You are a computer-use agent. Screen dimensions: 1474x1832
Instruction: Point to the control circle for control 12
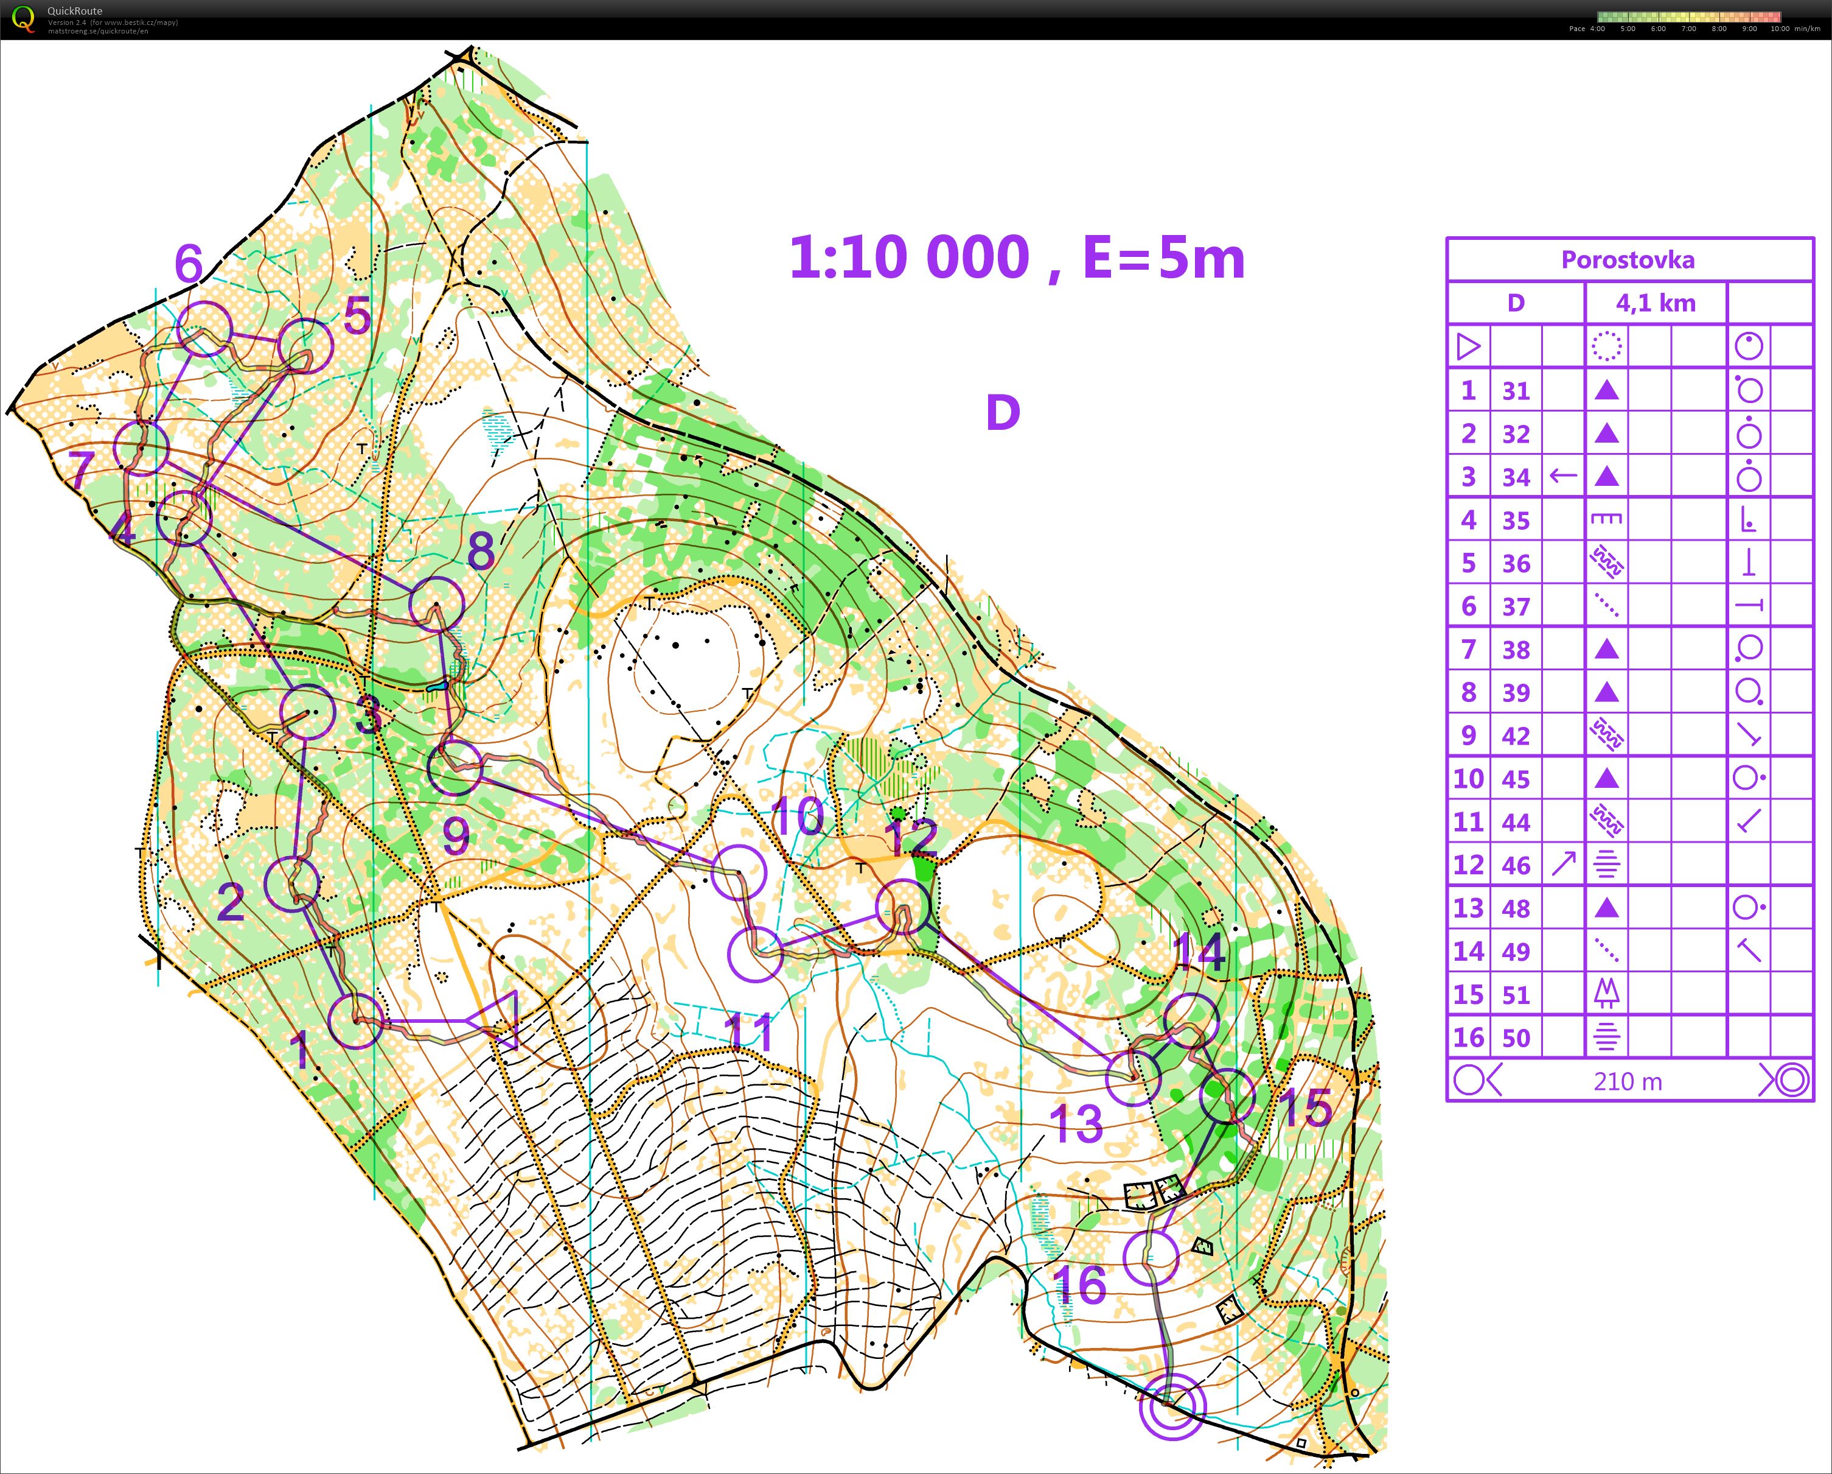(902, 906)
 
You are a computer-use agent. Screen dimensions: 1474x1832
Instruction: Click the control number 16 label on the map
(1080, 1285)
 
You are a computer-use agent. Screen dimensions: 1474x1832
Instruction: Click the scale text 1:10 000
(909, 258)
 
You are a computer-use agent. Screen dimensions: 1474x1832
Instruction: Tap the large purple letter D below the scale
(1003, 413)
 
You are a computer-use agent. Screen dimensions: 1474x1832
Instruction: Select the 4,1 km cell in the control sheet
(1656, 303)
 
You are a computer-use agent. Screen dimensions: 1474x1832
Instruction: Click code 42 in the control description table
(1516, 735)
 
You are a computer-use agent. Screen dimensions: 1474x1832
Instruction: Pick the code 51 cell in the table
(1516, 995)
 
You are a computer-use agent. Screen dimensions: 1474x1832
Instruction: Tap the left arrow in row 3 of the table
(1564, 476)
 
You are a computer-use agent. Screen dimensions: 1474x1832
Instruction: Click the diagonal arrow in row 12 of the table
(1564, 865)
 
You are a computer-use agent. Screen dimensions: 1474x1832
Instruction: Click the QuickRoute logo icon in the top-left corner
(24, 19)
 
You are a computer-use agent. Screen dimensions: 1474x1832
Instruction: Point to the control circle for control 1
(355, 1021)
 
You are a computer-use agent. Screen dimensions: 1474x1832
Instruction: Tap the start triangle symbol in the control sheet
(1468, 347)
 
